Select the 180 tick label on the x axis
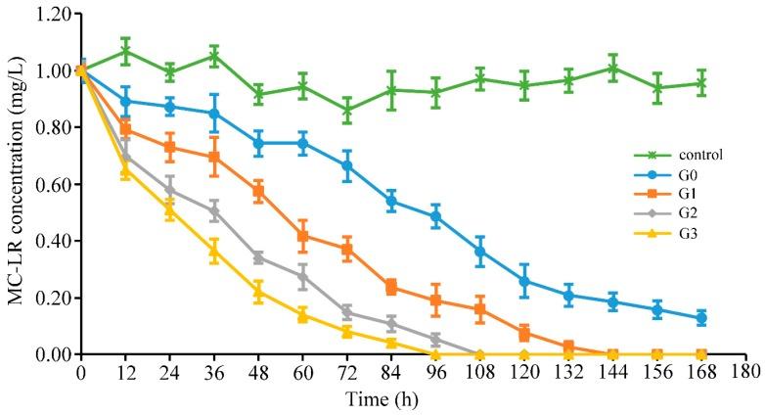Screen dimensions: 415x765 745,373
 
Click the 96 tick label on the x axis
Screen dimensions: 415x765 434,373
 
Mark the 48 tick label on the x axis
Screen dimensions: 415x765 258,373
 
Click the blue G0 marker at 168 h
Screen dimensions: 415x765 700,318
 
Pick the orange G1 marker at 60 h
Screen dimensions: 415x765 303,236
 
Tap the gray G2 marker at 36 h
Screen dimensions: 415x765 214,211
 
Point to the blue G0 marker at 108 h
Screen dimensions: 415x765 479,252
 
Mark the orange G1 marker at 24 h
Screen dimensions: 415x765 170,148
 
